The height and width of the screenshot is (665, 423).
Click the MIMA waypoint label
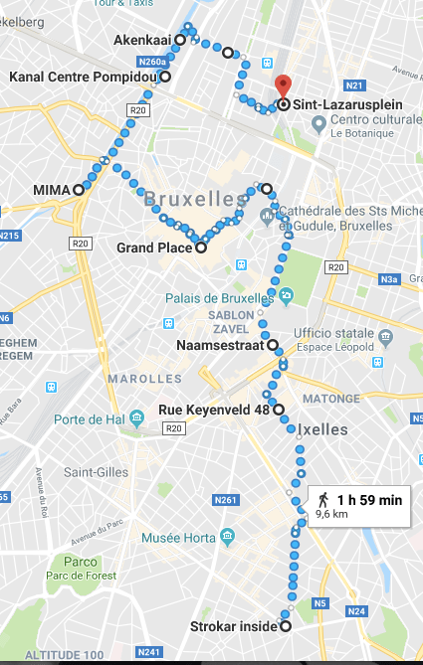tap(51, 189)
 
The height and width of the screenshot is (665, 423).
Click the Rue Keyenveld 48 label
tap(214, 409)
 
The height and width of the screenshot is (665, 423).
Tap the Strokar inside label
tap(234, 626)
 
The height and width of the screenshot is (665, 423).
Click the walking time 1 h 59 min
tap(369, 500)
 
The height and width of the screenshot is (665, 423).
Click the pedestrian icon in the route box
tap(322, 499)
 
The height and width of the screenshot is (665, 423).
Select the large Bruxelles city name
tap(194, 200)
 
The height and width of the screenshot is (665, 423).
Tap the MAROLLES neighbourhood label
tap(145, 379)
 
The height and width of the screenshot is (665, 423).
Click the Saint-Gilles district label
tap(94, 472)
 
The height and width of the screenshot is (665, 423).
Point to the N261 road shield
tap(226, 500)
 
